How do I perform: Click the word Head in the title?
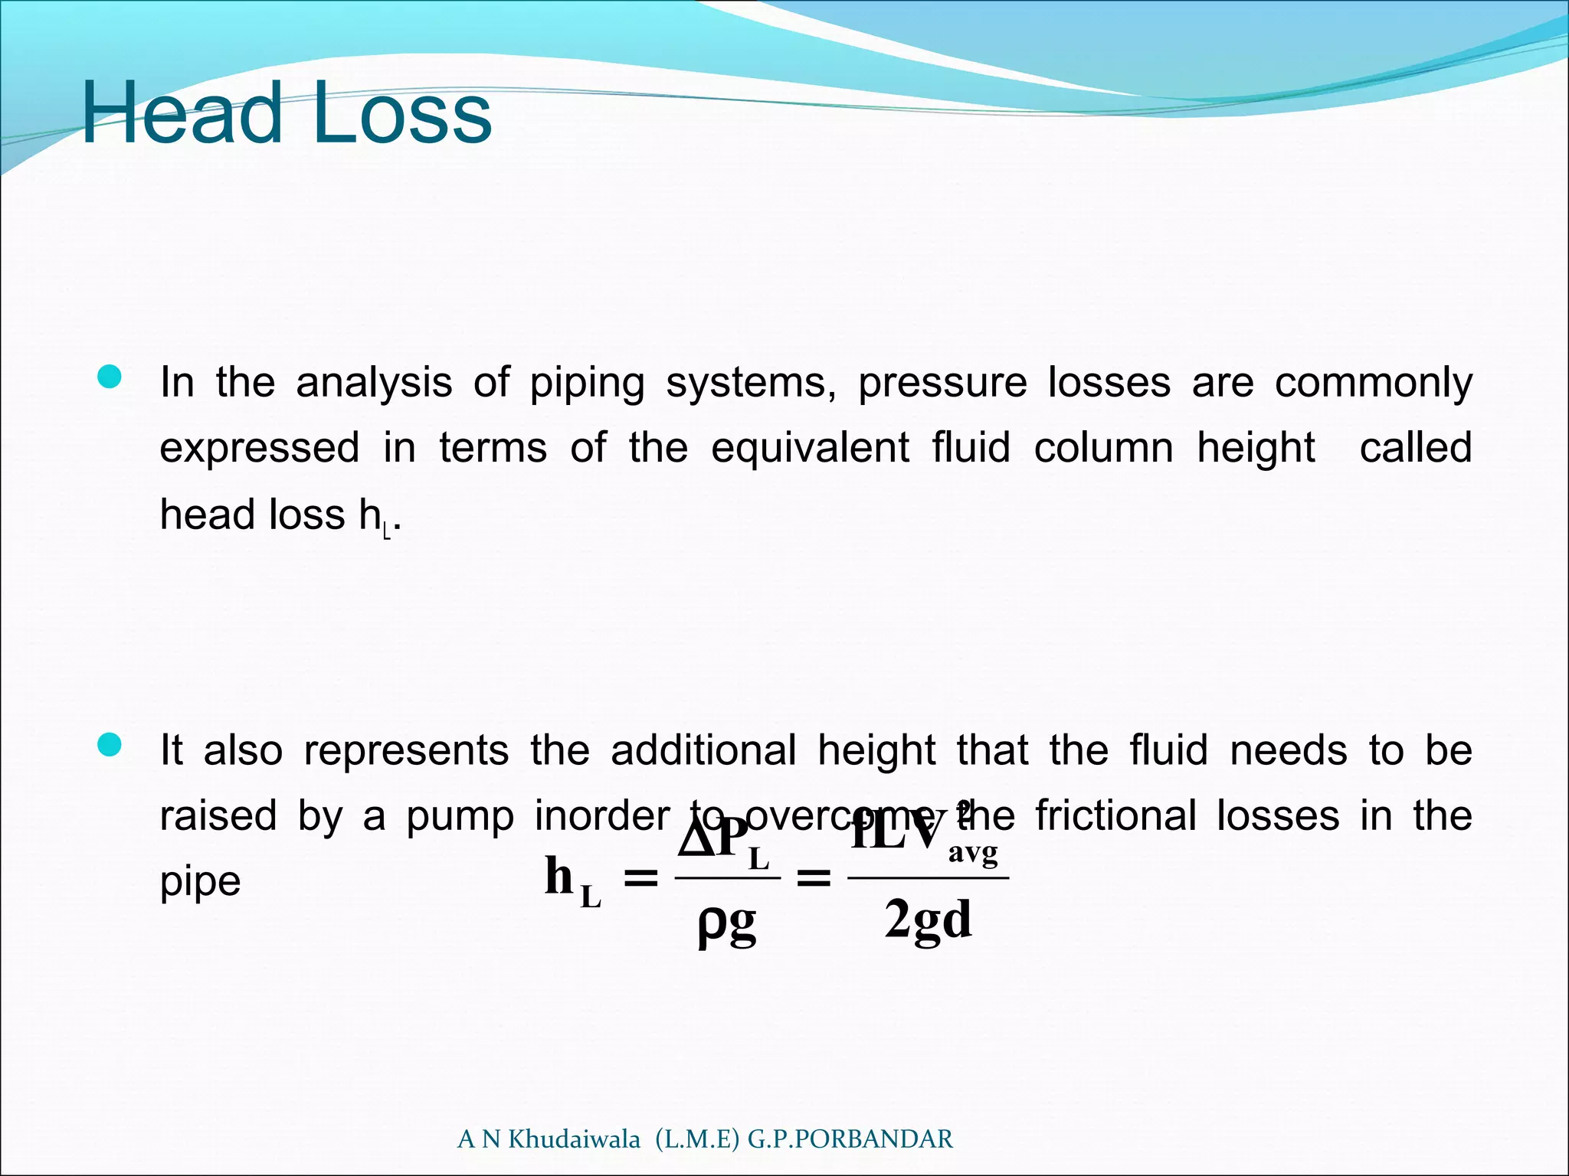(182, 114)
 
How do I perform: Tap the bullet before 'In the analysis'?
(110, 377)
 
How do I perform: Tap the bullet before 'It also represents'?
(110, 745)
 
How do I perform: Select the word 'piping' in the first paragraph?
(587, 383)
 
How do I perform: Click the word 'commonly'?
(1373, 383)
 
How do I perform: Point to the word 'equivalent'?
(810, 448)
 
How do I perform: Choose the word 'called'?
(1415, 448)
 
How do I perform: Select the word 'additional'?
(703, 750)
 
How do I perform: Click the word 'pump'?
(460, 816)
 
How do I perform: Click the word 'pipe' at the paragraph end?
(200, 882)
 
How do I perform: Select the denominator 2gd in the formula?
(928, 919)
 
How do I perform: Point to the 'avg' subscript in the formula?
(973, 852)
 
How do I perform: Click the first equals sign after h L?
(640, 878)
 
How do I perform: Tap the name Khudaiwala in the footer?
(574, 1139)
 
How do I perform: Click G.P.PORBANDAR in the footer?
(850, 1139)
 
